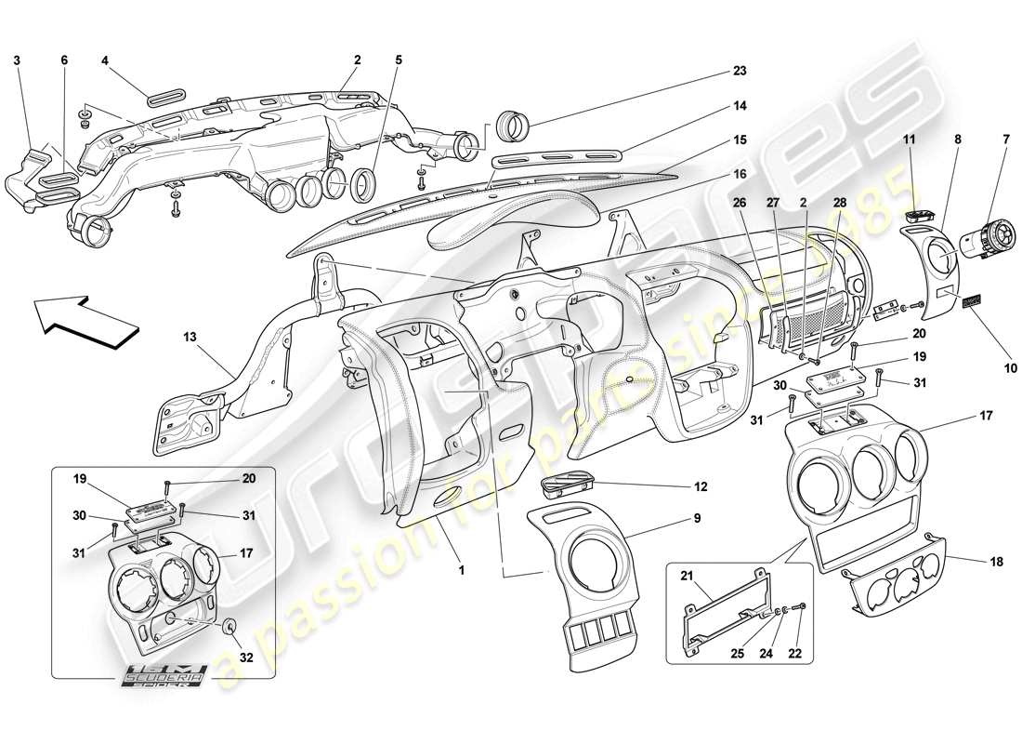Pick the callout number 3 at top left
point(17,60)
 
